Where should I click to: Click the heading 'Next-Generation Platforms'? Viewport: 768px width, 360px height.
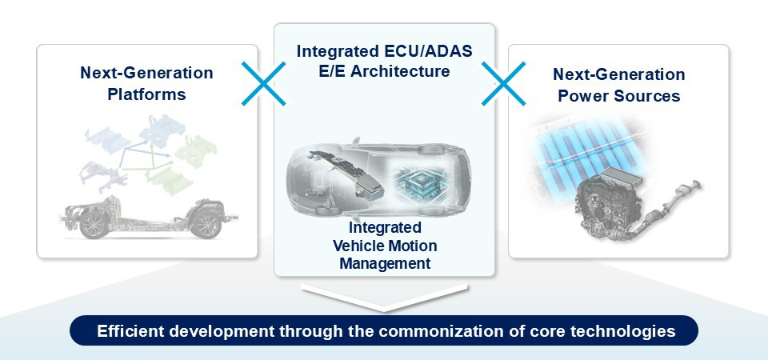146,84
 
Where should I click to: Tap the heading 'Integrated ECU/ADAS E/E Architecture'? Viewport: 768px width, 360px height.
384,61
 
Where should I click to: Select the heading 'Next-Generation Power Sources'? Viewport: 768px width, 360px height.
618,86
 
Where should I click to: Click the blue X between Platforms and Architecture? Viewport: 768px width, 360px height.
263,83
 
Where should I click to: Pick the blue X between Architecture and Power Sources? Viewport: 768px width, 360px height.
503,83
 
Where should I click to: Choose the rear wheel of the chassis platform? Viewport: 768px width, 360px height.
94,223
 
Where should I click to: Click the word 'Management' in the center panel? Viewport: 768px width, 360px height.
384,262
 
